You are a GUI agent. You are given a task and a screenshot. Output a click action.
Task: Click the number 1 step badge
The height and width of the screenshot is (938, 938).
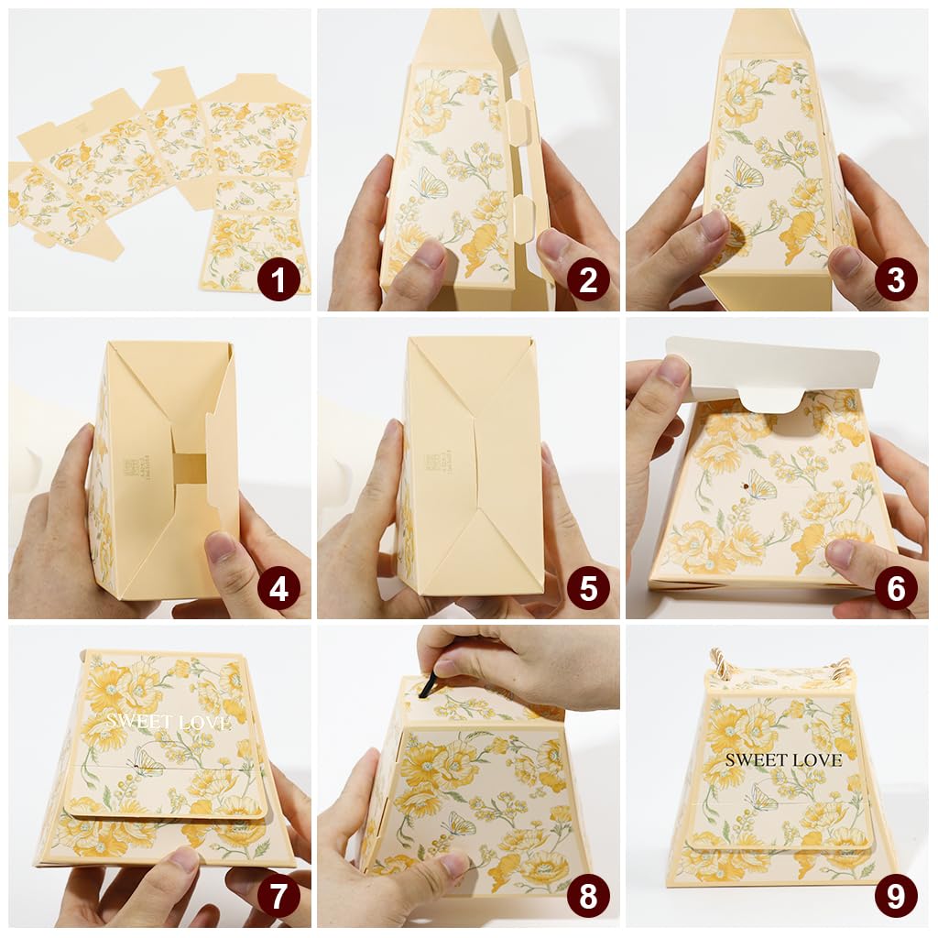278,278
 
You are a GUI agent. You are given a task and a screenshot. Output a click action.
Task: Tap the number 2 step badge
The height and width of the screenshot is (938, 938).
588,278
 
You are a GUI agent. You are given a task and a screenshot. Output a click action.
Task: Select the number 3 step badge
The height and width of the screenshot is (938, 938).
895,278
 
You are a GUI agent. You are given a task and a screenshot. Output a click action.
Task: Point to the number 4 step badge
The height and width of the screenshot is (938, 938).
278,588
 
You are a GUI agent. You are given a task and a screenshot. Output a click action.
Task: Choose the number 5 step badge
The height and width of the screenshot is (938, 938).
588,588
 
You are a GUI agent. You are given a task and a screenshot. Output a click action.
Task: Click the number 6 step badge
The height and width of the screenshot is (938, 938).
895,588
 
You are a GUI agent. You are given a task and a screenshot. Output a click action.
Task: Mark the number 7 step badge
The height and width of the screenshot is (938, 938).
278,895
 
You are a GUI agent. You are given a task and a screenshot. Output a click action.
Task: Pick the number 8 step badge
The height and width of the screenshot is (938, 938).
588,895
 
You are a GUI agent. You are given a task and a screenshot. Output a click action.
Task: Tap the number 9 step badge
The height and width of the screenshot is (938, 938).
895,895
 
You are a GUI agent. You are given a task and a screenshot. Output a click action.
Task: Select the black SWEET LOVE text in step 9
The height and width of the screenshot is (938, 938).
783,759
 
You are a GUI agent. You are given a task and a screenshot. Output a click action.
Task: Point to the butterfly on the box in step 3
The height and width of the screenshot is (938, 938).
744,172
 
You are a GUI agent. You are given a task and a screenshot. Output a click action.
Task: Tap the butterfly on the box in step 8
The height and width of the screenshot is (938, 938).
459,823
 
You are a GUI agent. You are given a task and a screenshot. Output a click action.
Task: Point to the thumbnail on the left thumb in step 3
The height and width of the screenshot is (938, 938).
713,224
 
